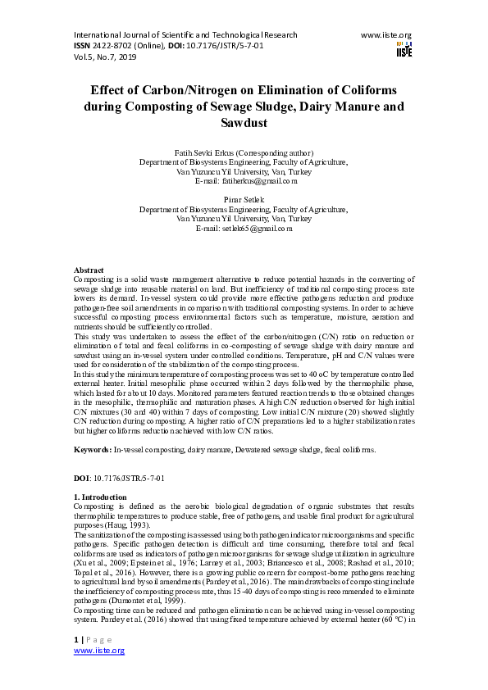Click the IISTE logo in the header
(404, 48)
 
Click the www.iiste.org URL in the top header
(386, 35)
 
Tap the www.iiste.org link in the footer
(99, 650)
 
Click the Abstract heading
(89, 270)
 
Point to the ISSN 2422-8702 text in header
(107, 46)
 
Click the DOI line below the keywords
(119, 477)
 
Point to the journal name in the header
(185, 35)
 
